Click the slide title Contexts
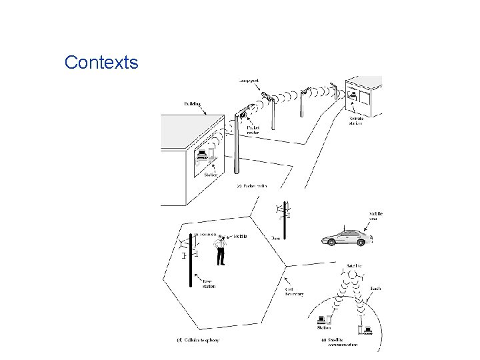[101, 63]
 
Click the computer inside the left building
[202, 155]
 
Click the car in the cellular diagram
[345, 237]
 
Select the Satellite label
[354, 265]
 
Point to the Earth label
[375, 288]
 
